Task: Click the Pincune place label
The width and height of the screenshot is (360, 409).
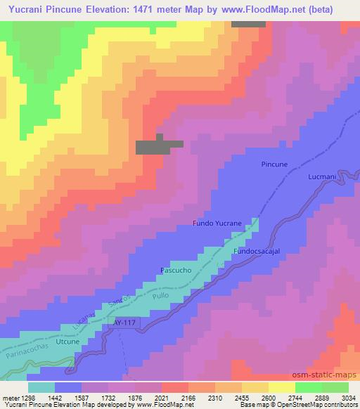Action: (x=274, y=164)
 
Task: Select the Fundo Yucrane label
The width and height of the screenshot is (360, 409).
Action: (x=217, y=223)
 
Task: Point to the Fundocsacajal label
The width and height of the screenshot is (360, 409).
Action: (x=257, y=251)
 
